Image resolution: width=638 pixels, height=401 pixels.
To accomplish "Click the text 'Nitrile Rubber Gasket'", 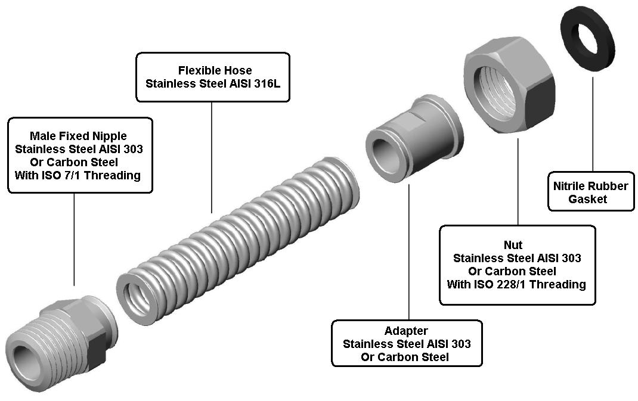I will (x=590, y=192).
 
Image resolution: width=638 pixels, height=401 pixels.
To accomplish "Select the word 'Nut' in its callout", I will (x=517, y=245).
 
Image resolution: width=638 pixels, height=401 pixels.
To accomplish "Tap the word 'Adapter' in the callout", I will (x=406, y=331).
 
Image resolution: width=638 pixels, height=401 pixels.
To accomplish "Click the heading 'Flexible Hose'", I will (x=215, y=70).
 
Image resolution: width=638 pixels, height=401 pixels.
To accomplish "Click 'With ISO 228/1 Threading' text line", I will (x=516, y=284).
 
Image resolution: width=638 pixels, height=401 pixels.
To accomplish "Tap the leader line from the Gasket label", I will (x=592, y=125).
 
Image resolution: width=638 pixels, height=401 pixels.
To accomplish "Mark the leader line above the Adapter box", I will (x=409, y=250).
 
